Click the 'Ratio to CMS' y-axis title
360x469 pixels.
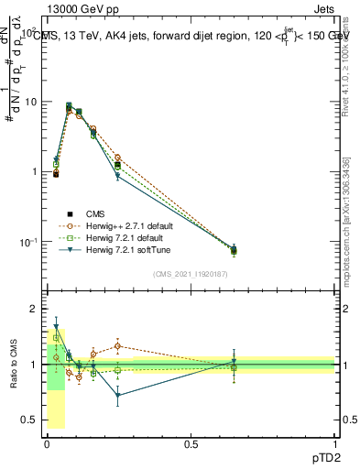pyautogui.click(x=12, y=366)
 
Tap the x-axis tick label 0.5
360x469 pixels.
pyautogui.click(x=191, y=442)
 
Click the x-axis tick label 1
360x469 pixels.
pyautogui.click(x=336, y=442)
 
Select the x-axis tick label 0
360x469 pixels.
pyautogui.click(x=47, y=442)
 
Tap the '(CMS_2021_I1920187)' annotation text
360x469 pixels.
pyautogui.click(x=191, y=274)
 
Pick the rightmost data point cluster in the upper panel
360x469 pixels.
pyautogui.click(x=234, y=249)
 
